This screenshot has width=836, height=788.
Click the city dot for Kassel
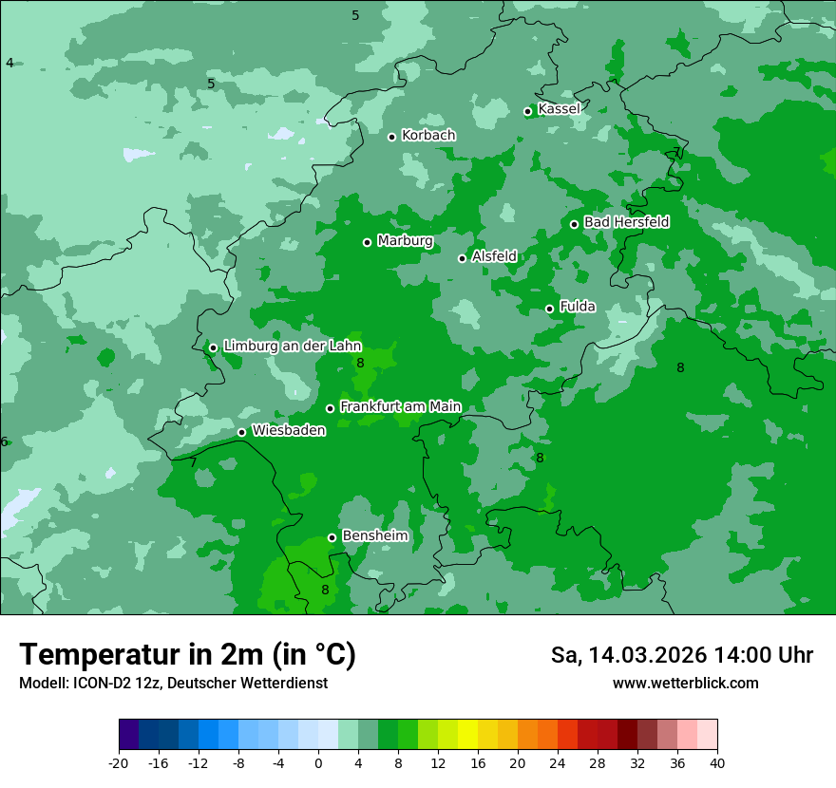(x=528, y=111)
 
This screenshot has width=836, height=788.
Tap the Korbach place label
(x=428, y=136)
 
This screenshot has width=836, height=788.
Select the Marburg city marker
(x=367, y=242)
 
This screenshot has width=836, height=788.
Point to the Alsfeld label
(x=494, y=256)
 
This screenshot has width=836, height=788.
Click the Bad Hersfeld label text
(x=626, y=222)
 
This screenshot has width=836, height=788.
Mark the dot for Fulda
(x=549, y=309)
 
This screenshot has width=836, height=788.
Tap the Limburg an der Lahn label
(x=292, y=347)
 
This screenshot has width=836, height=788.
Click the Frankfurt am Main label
(x=400, y=406)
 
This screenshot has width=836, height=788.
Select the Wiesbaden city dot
(x=241, y=432)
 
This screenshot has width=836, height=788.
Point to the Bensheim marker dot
(x=332, y=537)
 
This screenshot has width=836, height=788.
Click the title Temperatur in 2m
(x=187, y=654)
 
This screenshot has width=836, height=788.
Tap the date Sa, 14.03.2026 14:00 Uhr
(x=681, y=655)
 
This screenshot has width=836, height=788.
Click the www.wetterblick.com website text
(x=685, y=684)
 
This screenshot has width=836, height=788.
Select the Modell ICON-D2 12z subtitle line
(x=173, y=684)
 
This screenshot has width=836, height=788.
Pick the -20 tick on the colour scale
(x=119, y=762)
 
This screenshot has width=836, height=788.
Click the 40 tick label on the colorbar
(x=717, y=762)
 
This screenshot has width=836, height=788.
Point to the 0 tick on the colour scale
(x=318, y=762)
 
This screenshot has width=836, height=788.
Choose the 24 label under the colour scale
(x=558, y=762)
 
